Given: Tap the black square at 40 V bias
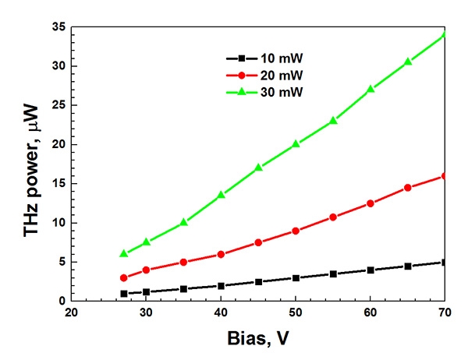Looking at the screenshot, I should pyautogui.click(x=221, y=286).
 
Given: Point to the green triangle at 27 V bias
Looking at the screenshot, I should pyautogui.click(x=123, y=253).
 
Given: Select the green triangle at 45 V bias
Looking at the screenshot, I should pyautogui.click(x=258, y=168).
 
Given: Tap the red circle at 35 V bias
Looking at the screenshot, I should pyautogui.click(x=183, y=262).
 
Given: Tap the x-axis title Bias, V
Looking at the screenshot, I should pyautogui.click(x=258, y=341).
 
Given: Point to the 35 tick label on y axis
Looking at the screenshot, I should pyautogui.click(x=55, y=27).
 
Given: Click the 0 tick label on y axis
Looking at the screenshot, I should pyautogui.click(x=59, y=302).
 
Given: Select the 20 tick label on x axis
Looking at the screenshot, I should pyautogui.click(x=71, y=315).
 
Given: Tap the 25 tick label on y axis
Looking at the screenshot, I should pyautogui.click(x=55, y=105).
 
